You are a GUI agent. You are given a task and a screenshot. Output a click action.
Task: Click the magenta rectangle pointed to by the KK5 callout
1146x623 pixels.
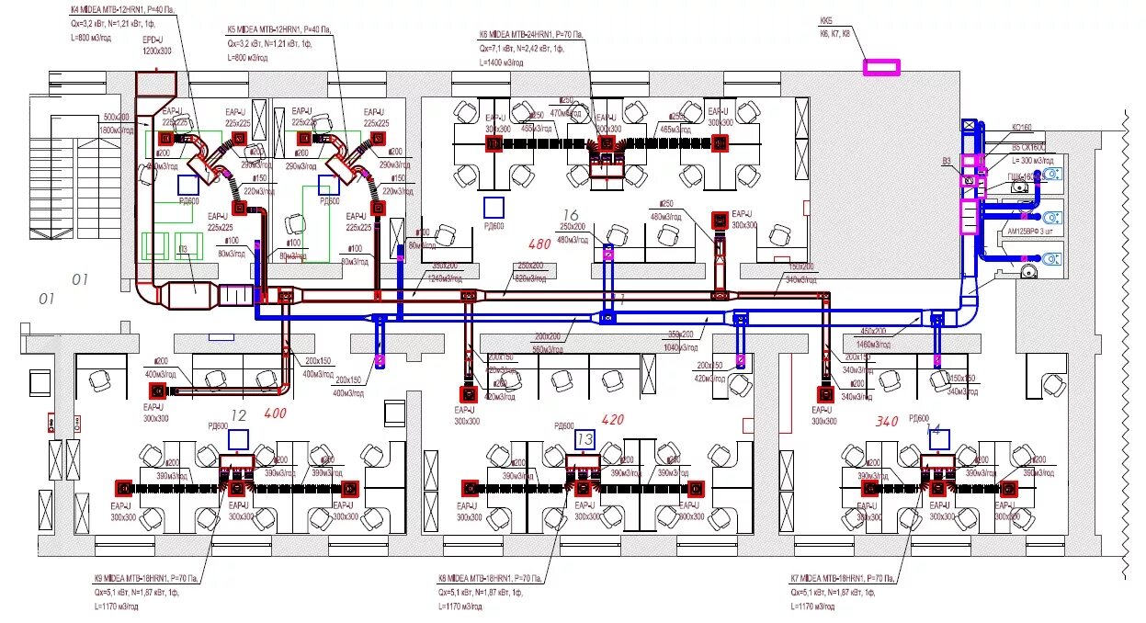pos(880,66)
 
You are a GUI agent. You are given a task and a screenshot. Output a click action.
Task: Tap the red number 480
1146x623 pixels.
pos(541,244)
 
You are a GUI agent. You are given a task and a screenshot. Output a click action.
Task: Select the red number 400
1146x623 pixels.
pos(276,413)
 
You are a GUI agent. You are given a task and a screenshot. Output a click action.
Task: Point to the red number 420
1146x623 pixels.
pos(612,420)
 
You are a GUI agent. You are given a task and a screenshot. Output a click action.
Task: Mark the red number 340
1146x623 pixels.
pos(886,422)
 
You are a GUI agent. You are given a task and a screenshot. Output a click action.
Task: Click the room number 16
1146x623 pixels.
pos(571,216)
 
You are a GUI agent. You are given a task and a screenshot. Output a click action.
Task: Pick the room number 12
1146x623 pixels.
pos(239,414)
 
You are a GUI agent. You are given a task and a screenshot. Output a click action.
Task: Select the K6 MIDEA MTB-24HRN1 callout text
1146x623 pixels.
pos(530,35)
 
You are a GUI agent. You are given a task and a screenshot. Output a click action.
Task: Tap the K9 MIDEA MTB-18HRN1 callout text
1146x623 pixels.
pos(144,579)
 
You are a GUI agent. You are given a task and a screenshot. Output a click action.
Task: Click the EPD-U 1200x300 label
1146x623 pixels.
pos(153,47)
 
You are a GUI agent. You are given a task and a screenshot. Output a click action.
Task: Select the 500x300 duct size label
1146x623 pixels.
pos(117,118)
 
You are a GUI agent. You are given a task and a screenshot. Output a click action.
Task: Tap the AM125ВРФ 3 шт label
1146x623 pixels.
pos(1034,231)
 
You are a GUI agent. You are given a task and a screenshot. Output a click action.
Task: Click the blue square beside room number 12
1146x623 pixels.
pos(239,439)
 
